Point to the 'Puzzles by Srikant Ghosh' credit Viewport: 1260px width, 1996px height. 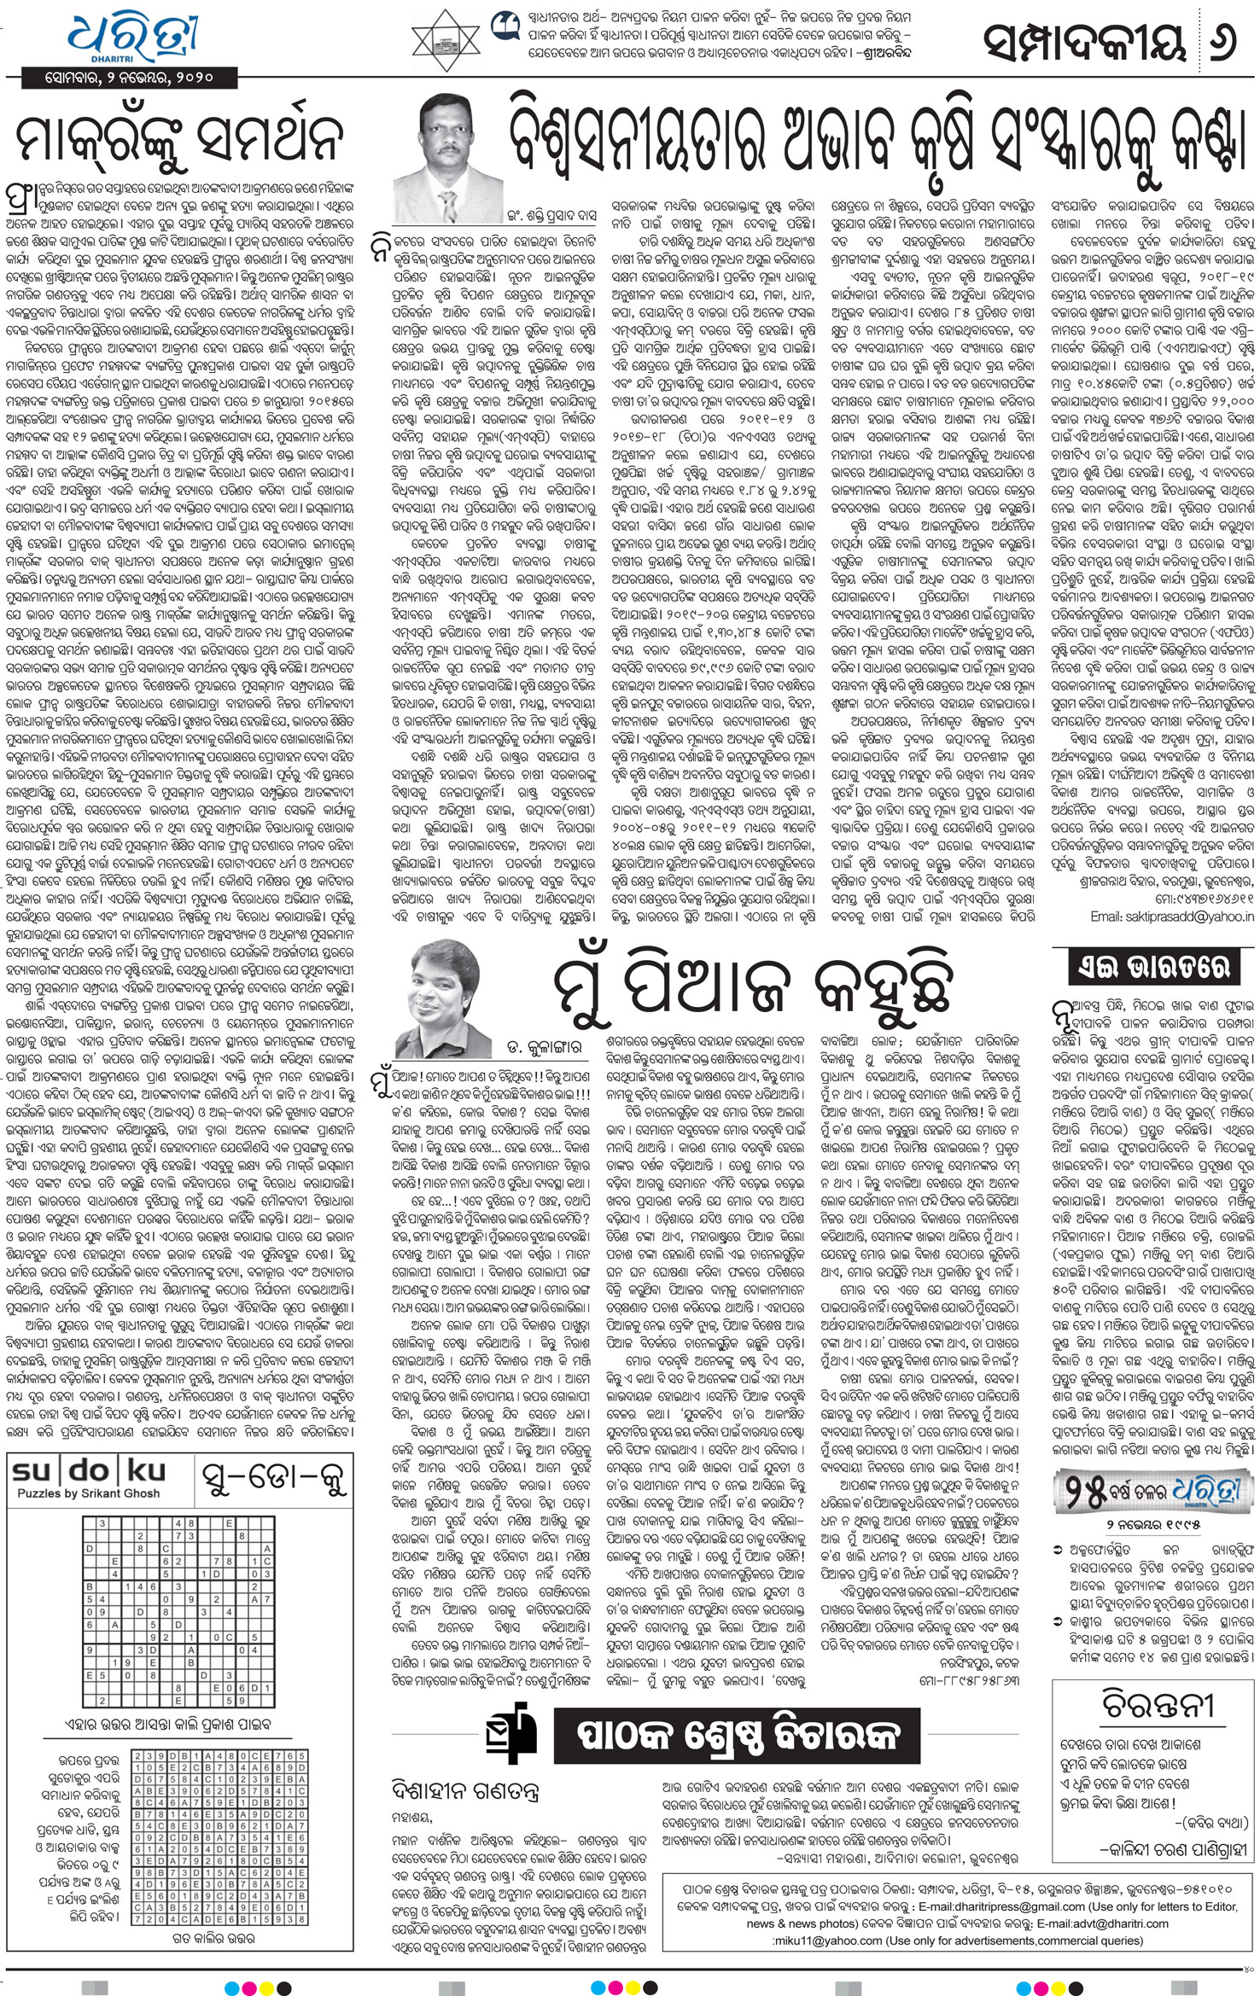(x=76, y=1493)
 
